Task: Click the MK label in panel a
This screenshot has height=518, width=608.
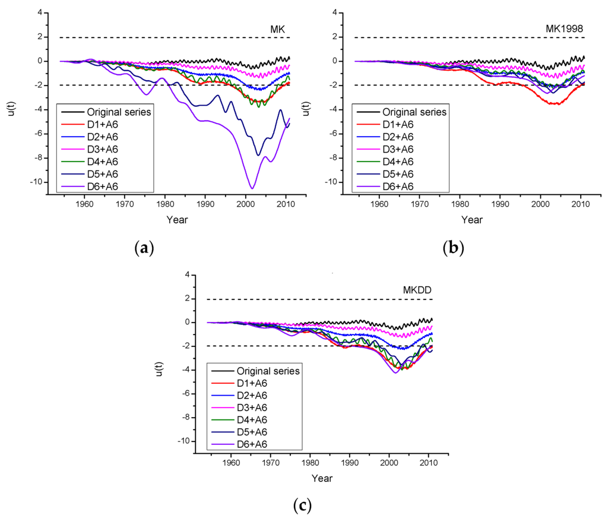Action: click(278, 29)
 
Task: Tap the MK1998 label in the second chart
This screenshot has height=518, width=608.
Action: click(564, 29)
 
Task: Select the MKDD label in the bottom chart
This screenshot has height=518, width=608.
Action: click(417, 290)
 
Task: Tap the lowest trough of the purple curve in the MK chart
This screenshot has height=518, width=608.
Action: click(252, 188)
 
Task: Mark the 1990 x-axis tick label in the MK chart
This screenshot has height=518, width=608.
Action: click(205, 204)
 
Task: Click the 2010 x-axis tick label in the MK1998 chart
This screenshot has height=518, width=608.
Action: click(581, 204)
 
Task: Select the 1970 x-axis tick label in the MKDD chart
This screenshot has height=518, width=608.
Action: click(271, 463)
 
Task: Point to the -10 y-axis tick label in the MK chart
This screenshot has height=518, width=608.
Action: click(36, 182)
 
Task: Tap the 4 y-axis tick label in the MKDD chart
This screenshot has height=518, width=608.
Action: click(188, 274)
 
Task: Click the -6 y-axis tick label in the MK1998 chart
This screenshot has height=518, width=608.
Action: click(334, 134)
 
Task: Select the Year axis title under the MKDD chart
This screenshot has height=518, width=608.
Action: click(322, 478)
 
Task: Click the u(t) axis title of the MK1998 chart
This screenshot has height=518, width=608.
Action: click(306, 109)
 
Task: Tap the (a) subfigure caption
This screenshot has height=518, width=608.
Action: click(144, 247)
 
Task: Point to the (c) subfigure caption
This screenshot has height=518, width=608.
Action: click(302, 506)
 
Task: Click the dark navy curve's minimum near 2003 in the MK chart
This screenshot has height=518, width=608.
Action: click(258, 155)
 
